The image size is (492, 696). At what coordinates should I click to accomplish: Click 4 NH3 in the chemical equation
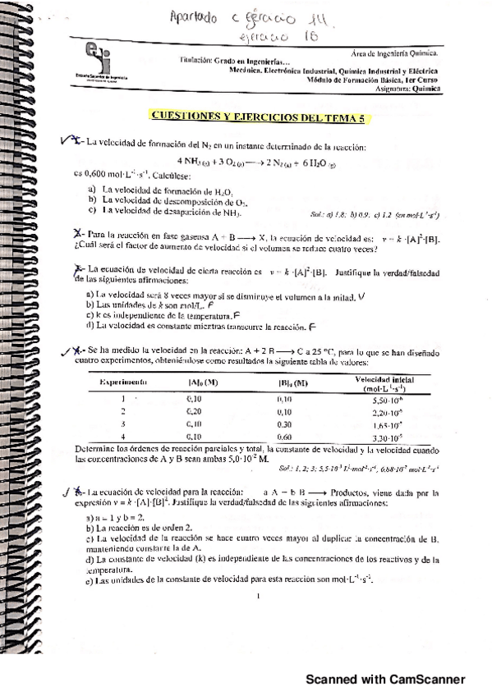pyautogui.click(x=194, y=160)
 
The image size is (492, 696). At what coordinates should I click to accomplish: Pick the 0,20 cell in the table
pyautogui.click(x=194, y=410)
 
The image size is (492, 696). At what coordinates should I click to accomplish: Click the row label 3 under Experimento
pyautogui.click(x=122, y=424)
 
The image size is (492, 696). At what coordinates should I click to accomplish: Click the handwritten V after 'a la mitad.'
pyautogui.click(x=361, y=295)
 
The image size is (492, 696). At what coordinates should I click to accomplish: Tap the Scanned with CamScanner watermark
pyautogui.click(x=385, y=680)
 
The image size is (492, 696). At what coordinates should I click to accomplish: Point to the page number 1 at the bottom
pyautogui.click(x=259, y=597)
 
